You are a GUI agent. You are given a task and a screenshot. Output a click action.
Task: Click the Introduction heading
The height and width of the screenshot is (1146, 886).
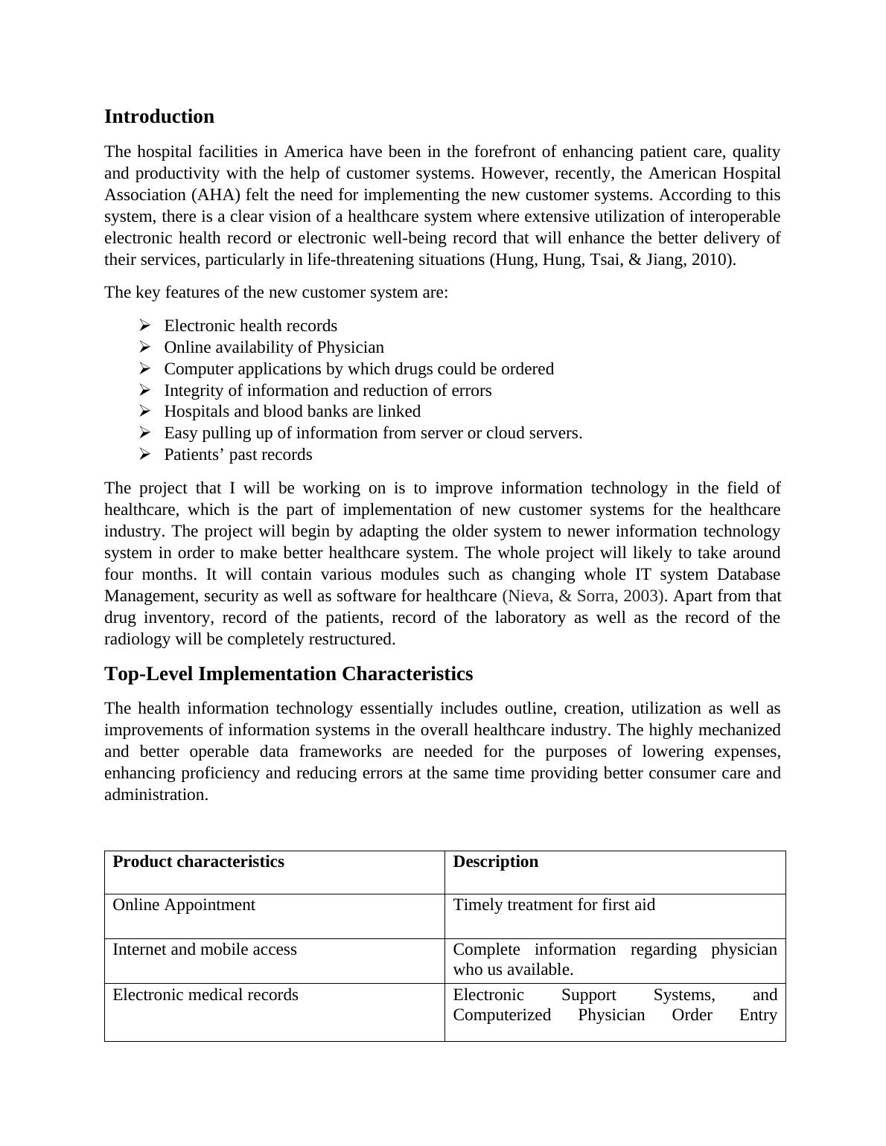coord(159,117)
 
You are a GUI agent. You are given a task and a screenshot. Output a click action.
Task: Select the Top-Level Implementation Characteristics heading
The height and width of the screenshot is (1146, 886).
coord(288,674)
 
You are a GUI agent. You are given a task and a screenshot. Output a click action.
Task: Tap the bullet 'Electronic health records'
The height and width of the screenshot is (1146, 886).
coord(250,326)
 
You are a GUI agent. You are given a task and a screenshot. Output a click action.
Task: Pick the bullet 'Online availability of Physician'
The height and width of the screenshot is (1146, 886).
coord(274,348)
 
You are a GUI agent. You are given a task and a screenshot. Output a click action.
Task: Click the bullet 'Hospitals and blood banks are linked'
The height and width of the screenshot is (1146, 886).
coord(292,412)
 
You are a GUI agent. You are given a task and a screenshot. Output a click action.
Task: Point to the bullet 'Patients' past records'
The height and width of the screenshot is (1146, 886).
coord(238,455)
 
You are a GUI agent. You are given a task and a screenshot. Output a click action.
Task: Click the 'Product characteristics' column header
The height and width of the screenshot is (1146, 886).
coord(198,862)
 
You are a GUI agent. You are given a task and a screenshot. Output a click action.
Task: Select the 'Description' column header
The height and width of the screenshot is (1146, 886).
coord(495,862)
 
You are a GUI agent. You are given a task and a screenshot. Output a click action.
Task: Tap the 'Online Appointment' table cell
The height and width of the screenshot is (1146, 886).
coord(184,905)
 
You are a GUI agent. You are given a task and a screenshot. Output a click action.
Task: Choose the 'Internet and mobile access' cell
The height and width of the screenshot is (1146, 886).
coord(205,950)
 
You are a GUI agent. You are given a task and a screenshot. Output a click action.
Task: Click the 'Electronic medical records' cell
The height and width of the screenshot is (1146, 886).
coord(205,995)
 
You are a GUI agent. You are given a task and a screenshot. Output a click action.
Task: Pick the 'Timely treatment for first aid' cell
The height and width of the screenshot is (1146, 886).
coord(554,905)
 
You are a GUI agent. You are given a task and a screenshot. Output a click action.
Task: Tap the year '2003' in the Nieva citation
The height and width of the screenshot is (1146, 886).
coord(641,596)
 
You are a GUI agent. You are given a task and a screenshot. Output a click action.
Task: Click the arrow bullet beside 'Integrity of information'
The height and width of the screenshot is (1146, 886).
coord(145,390)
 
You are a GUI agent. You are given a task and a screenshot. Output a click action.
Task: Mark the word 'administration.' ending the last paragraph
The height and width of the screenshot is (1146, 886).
coord(156,795)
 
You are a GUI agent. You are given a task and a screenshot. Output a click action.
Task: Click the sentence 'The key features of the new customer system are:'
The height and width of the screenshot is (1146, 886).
coord(276,292)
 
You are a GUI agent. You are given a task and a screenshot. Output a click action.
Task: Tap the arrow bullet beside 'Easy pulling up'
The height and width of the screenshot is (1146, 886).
coord(145,432)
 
